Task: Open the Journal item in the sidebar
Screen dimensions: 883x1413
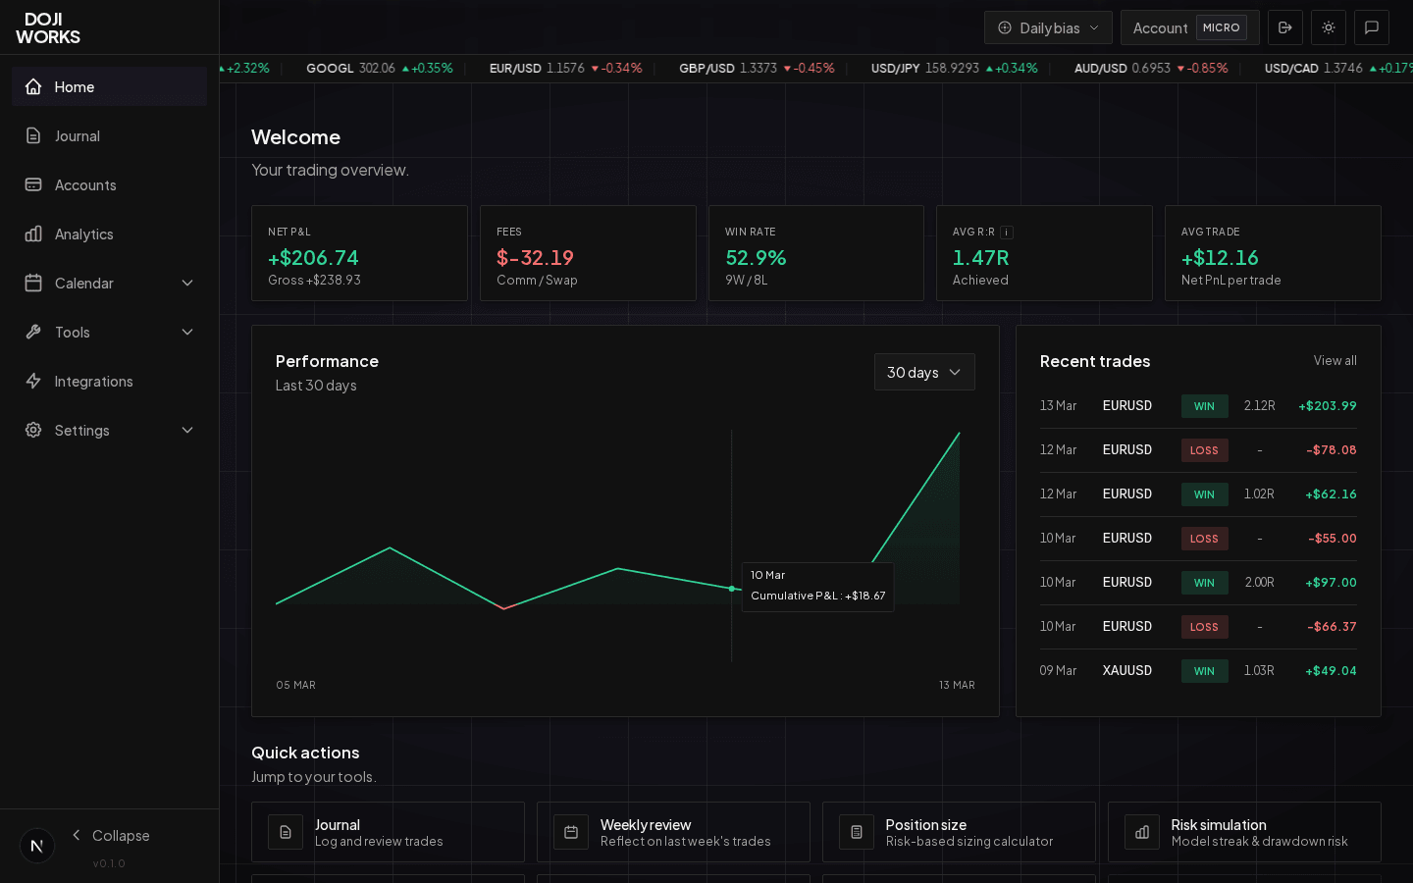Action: point(77,136)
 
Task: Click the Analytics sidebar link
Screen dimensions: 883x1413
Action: point(83,234)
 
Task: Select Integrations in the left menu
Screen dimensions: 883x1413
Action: point(93,382)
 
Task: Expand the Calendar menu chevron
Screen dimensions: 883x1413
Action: point(187,284)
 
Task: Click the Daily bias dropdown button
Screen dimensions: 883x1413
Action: point(1048,27)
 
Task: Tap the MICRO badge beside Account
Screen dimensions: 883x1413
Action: point(1221,27)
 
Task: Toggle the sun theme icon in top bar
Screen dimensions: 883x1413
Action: point(1329,27)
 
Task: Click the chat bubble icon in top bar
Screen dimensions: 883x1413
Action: point(1372,27)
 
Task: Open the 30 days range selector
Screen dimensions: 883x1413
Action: point(924,373)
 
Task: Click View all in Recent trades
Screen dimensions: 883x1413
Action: point(1334,361)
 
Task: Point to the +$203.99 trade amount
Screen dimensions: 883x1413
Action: point(1327,406)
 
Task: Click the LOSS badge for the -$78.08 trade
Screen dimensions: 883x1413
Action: point(1204,450)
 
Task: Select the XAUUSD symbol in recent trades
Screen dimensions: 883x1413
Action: point(1126,671)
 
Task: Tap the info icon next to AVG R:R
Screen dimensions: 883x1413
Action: point(1007,233)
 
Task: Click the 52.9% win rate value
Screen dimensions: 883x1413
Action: point(756,258)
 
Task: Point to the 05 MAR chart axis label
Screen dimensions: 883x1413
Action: point(295,685)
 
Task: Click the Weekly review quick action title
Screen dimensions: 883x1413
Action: point(646,825)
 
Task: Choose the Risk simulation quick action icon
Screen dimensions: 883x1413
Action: point(1142,832)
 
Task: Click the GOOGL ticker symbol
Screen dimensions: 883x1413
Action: point(330,69)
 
